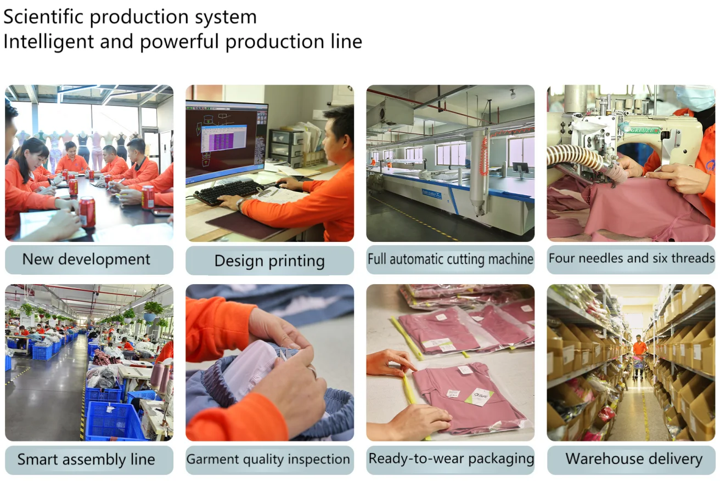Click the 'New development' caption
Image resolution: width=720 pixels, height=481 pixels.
click(86, 259)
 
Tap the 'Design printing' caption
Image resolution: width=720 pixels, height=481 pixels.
click(269, 261)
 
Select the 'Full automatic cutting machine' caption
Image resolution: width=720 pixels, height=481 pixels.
click(450, 259)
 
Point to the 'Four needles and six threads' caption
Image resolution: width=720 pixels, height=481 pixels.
click(631, 258)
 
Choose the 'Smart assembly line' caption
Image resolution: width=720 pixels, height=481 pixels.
click(86, 459)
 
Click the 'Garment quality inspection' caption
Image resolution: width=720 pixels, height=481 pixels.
click(269, 459)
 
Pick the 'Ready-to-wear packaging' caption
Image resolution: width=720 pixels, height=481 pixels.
click(451, 459)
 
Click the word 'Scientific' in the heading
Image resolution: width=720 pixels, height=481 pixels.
click(43, 17)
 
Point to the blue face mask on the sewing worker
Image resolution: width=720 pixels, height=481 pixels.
click(694, 97)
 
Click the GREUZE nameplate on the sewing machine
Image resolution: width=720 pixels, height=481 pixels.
click(644, 131)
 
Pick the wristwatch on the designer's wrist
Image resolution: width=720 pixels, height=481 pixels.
click(240, 205)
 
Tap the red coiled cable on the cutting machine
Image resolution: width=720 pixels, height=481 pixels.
click(483, 156)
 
